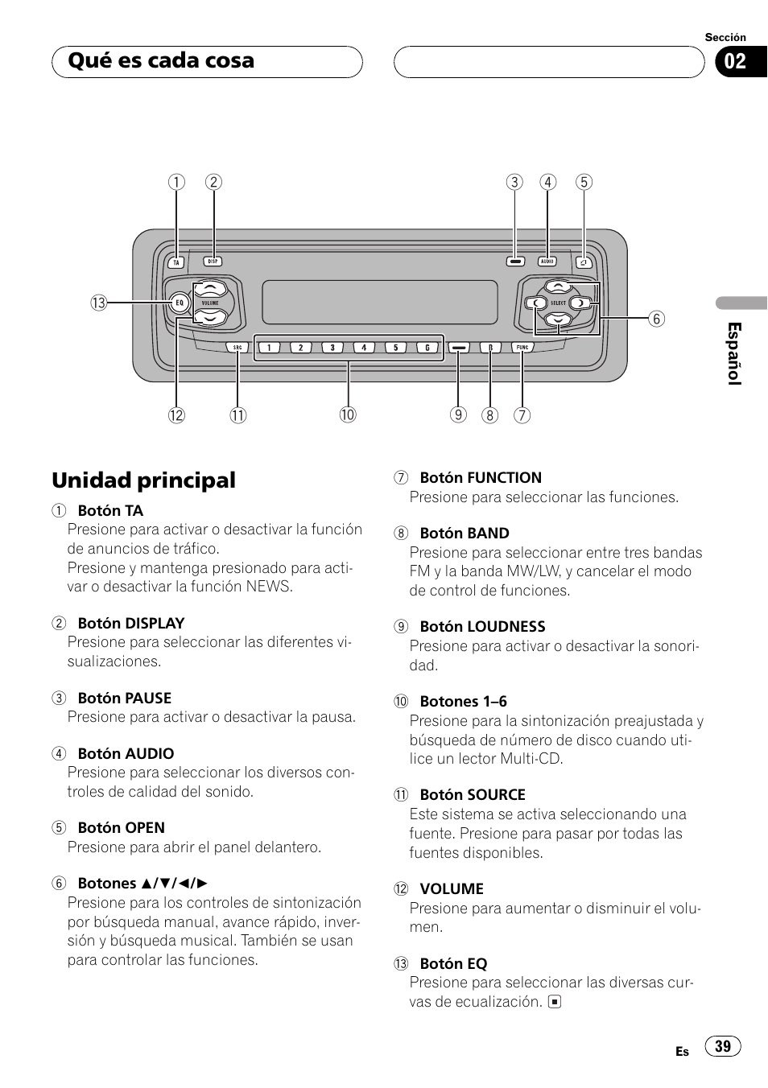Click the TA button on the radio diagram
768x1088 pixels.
(x=176, y=262)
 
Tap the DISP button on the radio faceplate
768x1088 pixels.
(x=213, y=262)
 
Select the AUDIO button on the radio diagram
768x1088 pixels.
(x=547, y=262)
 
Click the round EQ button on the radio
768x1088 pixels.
(x=180, y=303)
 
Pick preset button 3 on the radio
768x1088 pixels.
(x=332, y=348)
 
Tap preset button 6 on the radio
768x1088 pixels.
(x=427, y=348)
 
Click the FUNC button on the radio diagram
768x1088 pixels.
(x=522, y=348)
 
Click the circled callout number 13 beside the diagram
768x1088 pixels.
(x=99, y=303)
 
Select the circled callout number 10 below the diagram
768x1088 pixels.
(x=347, y=415)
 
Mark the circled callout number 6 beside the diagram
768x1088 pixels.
(x=656, y=319)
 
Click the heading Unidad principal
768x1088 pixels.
(x=144, y=480)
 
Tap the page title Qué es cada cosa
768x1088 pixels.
(x=161, y=60)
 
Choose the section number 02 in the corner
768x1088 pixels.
(x=734, y=62)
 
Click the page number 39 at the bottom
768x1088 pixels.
(x=723, y=1046)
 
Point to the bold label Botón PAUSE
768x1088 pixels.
(x=124, y=699)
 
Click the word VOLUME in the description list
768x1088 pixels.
(x=452, y=889)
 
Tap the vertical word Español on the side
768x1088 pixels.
(x=734, y=354)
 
